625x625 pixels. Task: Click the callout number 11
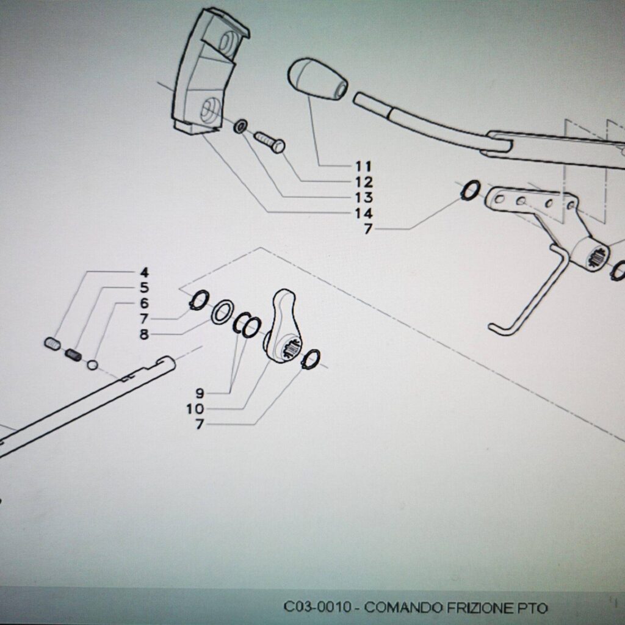364,166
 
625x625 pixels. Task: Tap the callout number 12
364,182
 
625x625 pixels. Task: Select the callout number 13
364,198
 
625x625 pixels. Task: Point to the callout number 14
364,214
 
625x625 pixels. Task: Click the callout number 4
144,272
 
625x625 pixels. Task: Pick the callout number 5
144,287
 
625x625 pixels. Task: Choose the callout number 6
144,303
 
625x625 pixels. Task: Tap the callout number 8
144,334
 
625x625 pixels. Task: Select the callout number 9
200,392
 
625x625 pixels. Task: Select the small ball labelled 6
92,365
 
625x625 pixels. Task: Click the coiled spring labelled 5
74,353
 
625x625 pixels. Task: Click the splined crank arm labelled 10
284,330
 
